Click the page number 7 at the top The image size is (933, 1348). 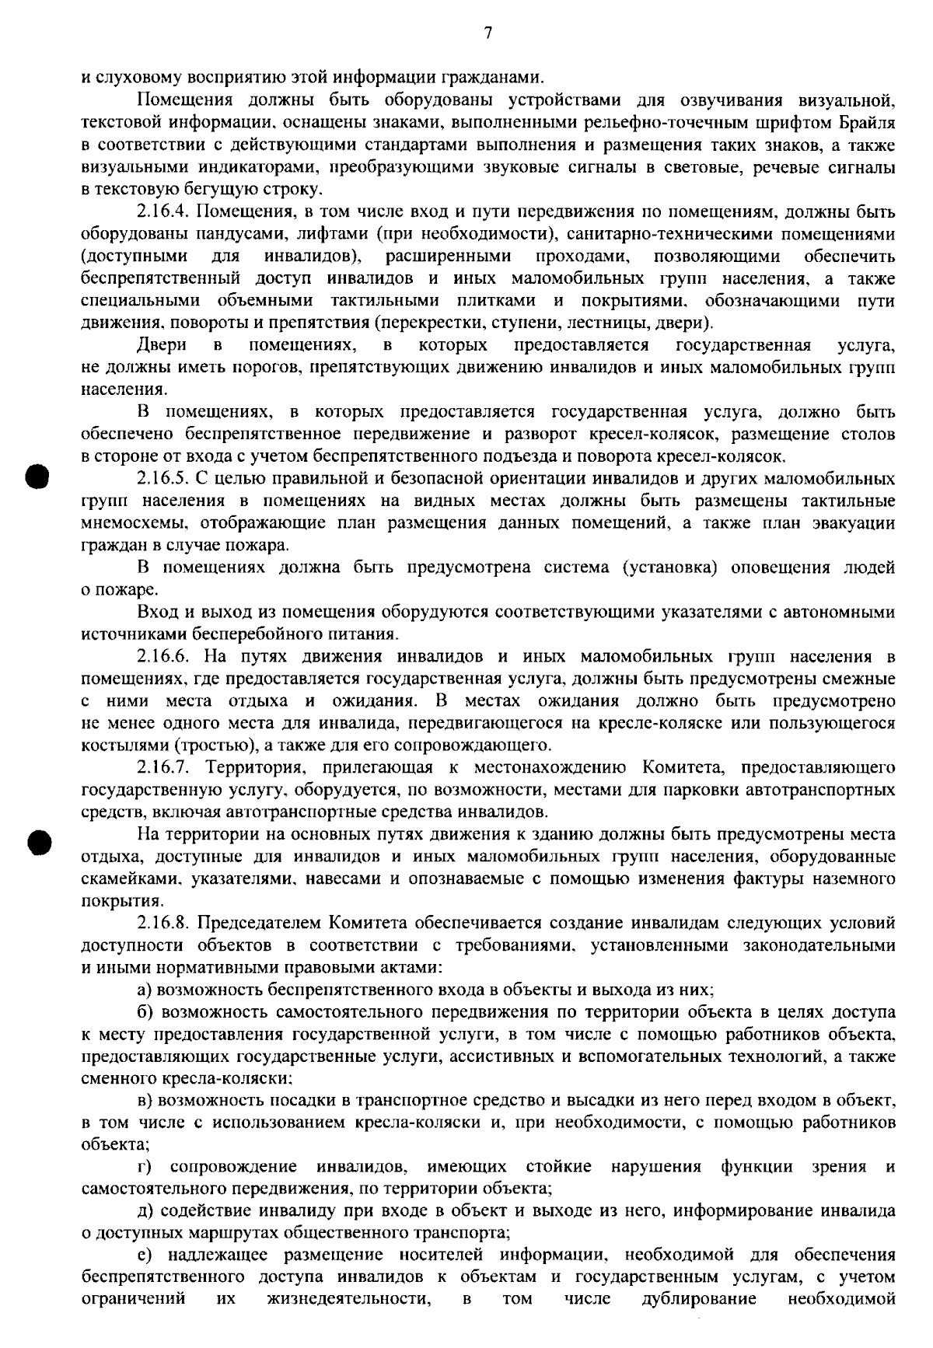point(487,33)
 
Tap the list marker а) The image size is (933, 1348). point(145,991)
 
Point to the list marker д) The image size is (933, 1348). point(145,1211)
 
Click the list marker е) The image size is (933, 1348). point(145,1255)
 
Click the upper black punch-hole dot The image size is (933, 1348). point(36,474)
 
